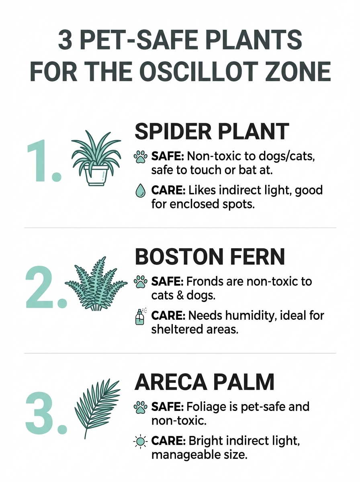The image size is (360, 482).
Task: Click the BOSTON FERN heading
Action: click(x=210, y=257)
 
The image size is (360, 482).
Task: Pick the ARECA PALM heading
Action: click(x=205, y=382)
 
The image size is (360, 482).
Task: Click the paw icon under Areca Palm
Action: click(x=140, y=407)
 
